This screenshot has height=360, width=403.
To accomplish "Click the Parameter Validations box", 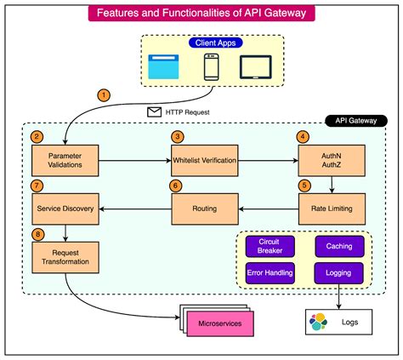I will [65, 160].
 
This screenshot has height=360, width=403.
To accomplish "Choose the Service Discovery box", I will [65, 207].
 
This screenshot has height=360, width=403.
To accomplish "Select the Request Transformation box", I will [65, 257].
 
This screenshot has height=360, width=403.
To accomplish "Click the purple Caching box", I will [338, 246].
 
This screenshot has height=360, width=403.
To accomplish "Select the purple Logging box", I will [338, 272].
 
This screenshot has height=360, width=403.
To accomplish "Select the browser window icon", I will [163, 67].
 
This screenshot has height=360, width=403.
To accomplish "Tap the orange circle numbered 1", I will [104, 94].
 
